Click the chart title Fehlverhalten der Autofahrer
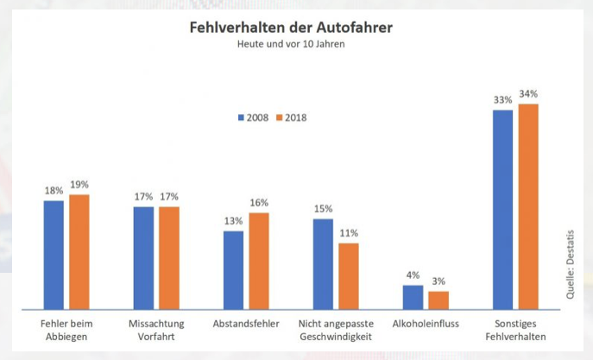[291, 28]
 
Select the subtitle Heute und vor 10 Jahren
[291, 44]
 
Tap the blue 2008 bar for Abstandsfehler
[233, 269]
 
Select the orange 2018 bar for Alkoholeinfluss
[438, 300]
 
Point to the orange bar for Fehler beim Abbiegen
[79, 251]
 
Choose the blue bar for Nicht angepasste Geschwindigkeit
[323, 263]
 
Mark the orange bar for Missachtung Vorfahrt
[169, 257]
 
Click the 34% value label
[528, 94]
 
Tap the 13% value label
[233, 221]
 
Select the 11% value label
[349, 233]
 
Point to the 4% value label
[413, 275]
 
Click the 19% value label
[79, 185]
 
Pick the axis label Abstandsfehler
[246, 324]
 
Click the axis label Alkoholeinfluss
[426, 324]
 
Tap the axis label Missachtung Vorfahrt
[156, 330]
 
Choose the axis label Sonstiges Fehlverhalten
[515, 330]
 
